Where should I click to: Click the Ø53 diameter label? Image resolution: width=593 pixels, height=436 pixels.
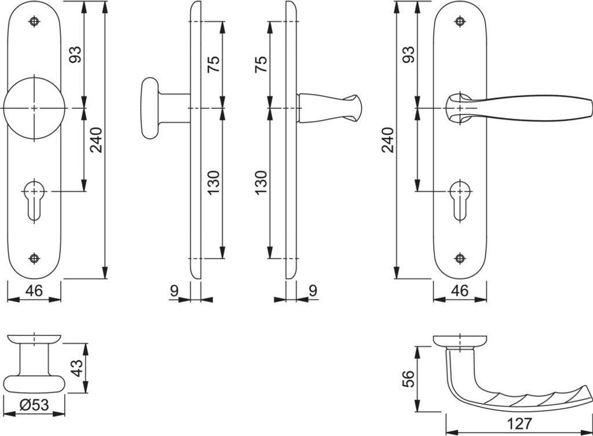point(34,406)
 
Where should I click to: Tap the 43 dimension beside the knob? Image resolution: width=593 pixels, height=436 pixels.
point(76,368)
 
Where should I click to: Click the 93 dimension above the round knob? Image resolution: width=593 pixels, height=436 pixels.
point(76,54)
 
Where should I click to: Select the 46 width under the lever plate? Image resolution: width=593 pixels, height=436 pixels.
point(459,290)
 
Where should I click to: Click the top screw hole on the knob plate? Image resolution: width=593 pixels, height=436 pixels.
point(34,22)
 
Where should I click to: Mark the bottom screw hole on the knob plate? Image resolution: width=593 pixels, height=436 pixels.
point(34,258)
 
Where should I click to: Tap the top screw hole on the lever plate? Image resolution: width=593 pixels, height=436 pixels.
point(460,22)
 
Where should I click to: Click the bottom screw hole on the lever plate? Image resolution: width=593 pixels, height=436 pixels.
point(460,258)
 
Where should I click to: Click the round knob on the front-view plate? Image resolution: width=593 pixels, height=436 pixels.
point(34,108)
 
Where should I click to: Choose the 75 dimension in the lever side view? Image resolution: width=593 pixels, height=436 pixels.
point(261,64)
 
